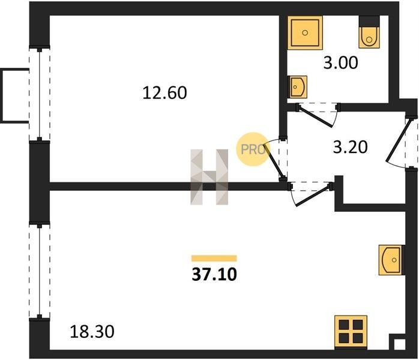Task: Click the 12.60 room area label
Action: [x=165, y=93]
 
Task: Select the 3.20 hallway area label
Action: [x=351, y=146]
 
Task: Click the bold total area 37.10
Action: [x=214, y=275]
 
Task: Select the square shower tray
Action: [x=305, y=32]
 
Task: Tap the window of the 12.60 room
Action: [x=40, y=95]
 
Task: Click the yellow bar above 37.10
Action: [x=214, y=259]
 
